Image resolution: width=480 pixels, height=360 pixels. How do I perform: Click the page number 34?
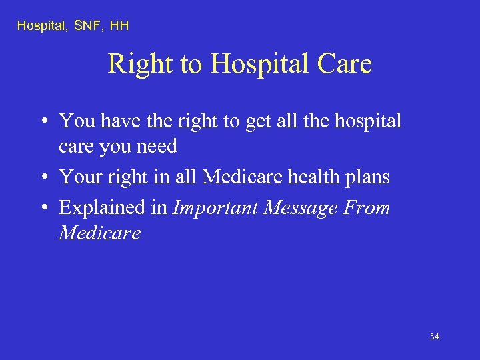[434, 337]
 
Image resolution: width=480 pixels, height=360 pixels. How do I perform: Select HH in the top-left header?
[119, 26]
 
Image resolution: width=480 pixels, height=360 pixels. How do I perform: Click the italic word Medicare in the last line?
[100, 233]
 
